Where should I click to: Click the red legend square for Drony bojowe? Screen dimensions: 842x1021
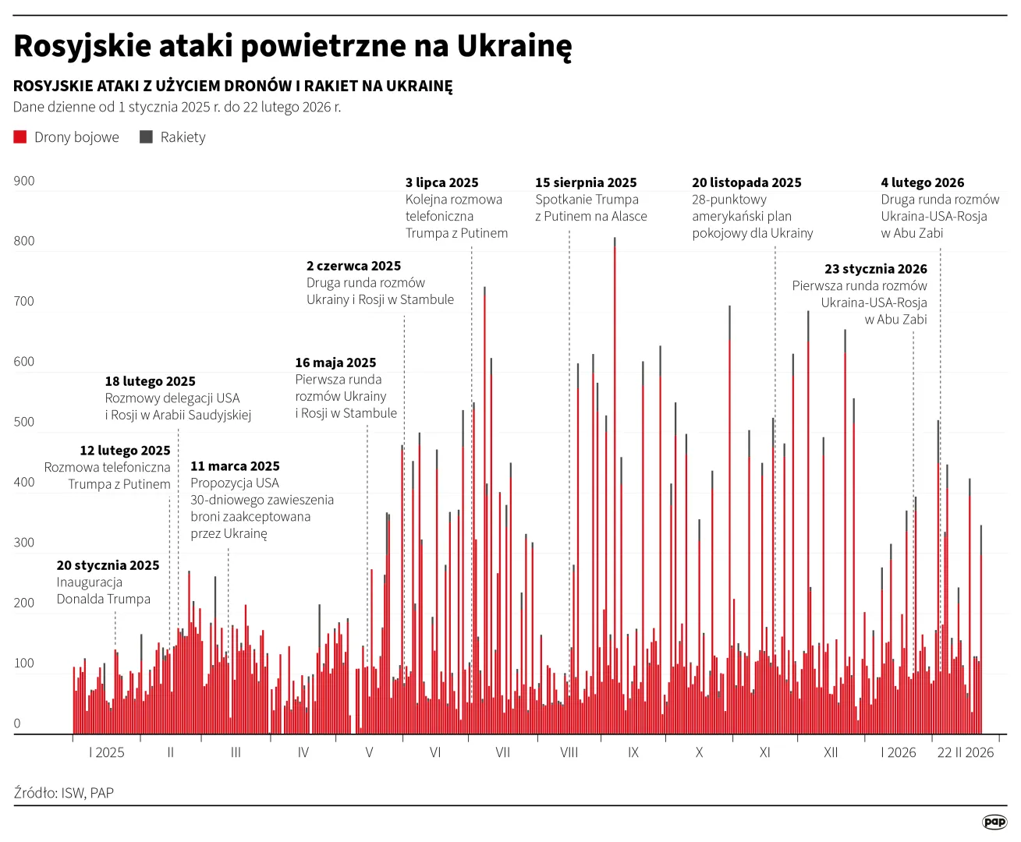click(20, 137)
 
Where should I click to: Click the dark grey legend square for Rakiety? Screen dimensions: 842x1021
click(146, 137)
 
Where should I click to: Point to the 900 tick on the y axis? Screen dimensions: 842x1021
click(24, 181)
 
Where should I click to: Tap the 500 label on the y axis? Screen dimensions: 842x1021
click(24, 422)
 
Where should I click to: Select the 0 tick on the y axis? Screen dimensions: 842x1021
click(17, 723)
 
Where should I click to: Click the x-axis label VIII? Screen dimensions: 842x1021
click(569, 752)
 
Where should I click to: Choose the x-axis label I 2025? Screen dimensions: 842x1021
click(107, 752)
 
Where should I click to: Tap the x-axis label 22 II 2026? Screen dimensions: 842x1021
click(965, 752)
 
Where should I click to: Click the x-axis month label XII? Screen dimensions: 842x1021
click(831, 752)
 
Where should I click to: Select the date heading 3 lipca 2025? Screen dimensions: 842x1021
click(441, 182)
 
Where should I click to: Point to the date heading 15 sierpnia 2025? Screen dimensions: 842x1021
click(586, 182)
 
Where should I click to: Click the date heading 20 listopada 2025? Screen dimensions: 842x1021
click(746, 182)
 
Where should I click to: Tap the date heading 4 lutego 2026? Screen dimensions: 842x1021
click(922, 182)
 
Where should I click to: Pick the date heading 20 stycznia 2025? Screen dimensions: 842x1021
click(108, 565)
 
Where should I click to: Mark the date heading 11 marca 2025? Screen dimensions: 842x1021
click(235, 466)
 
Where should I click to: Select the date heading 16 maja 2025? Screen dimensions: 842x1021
click(335, 363)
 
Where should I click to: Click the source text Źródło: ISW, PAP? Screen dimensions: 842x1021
click(64, 793)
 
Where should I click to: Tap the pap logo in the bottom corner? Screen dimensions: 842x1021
click(994, 822)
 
